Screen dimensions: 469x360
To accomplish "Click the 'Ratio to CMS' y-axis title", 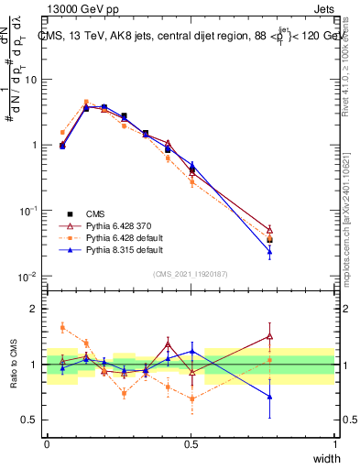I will [x=13, y=364].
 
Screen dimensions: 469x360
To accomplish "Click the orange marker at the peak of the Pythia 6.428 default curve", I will [x=86, y=103].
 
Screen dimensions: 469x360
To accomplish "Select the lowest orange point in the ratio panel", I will [x=191, y=398].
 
